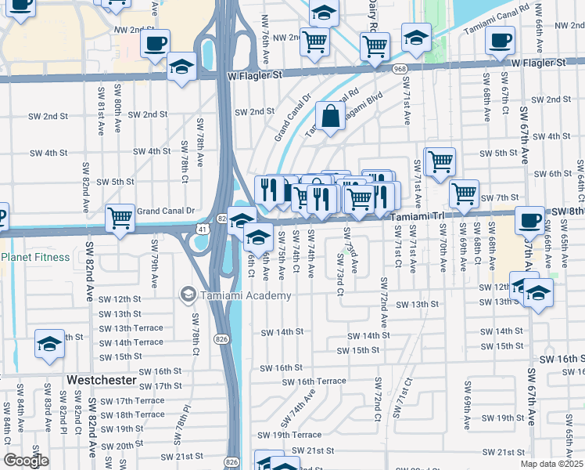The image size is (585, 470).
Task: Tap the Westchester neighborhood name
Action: [101, 380]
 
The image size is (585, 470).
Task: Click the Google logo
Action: [26, 461]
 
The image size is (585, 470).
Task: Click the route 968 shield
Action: [400, 69]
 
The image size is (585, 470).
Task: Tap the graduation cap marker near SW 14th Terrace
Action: [49, 343]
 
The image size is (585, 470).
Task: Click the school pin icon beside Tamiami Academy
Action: [188, 295]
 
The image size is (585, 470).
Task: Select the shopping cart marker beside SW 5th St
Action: [440, 161]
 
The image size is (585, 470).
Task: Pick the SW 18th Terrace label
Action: [129, 415]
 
